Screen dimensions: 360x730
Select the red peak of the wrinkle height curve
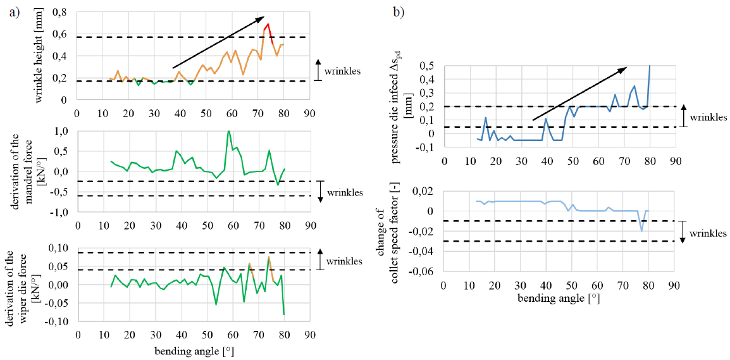tap(268, 25)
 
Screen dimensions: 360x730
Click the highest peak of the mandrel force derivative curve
tap(228, 131)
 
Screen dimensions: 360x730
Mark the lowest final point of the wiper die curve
tap(283, 314)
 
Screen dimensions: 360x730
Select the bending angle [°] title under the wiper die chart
tap(190, 349)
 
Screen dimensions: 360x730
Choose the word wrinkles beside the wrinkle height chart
tap(342, 71)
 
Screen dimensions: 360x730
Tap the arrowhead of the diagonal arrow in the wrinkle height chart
tap(261, 18)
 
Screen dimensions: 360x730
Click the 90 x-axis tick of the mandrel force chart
tap(309, 226)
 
